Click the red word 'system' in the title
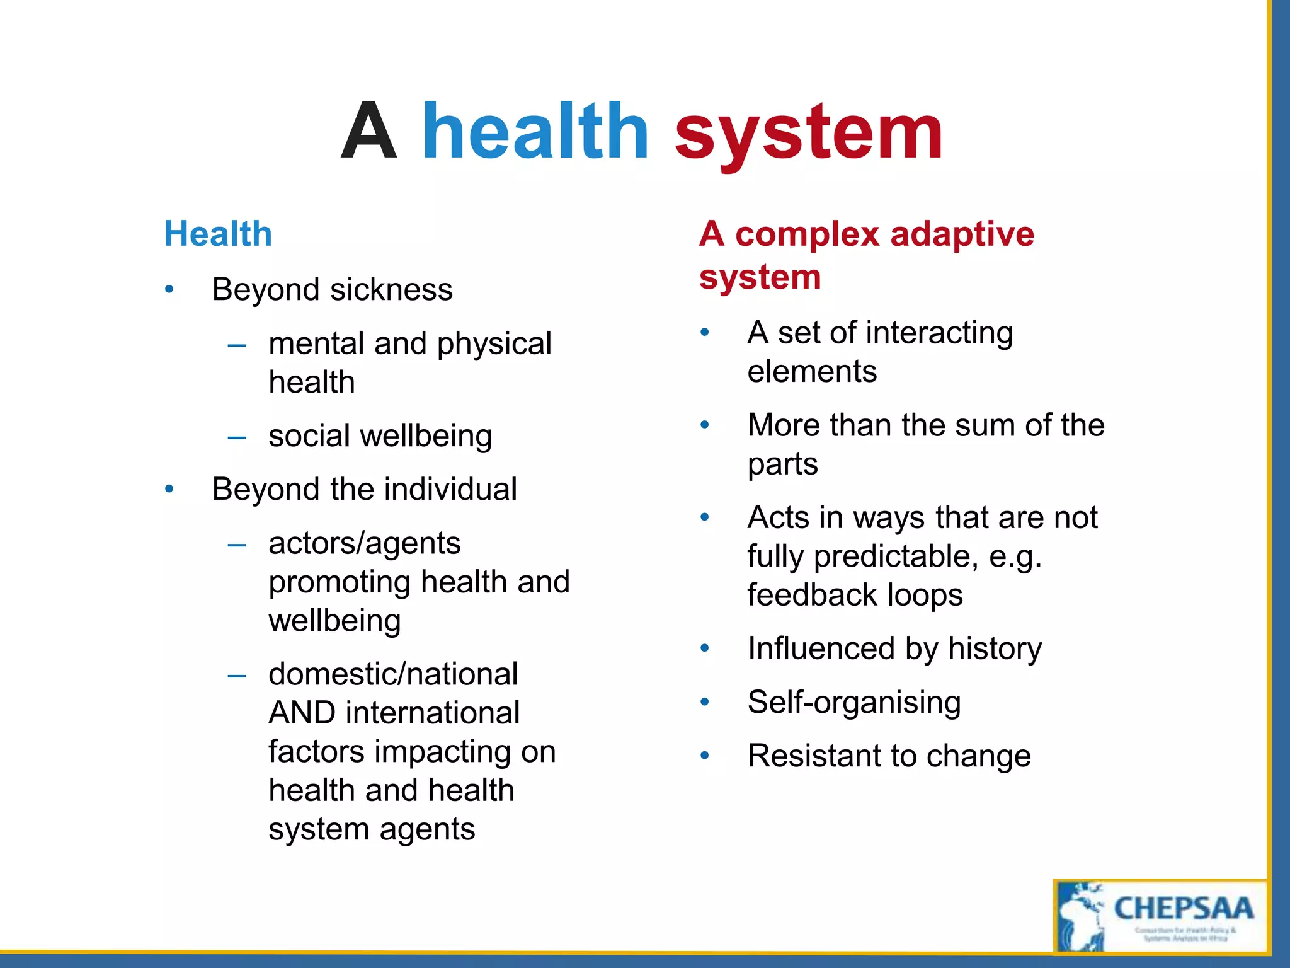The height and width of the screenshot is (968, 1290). pos(808,134)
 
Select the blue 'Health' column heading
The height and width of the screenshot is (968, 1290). pos(218,234)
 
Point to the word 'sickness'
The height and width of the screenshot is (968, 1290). pos(391,290)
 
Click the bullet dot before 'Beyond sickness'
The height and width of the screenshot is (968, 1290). pos(169,290)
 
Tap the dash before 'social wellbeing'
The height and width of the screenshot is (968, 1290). pos(237,437)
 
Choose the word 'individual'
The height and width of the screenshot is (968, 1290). pos(451,490)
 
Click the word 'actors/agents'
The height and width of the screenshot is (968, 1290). pos(364,544)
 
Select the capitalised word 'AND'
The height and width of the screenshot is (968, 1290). pos(302,713)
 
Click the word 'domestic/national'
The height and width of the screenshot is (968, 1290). pos(393,674)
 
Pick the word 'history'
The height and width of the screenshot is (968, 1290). pos(995,649)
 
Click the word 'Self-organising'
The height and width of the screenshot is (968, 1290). pos(854,703)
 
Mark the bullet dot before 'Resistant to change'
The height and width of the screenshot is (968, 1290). pos(705,756)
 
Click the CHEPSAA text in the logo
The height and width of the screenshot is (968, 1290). pos(1183,909)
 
